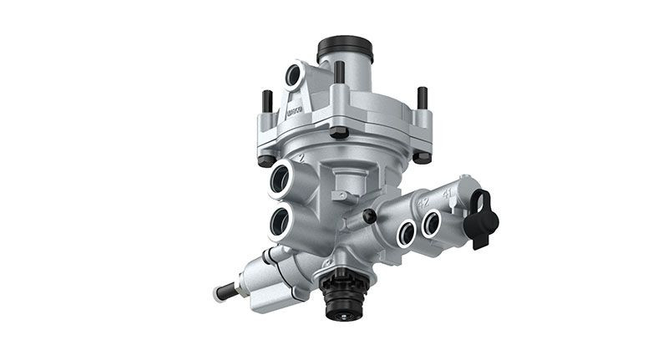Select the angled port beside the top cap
293,76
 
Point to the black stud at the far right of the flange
422,98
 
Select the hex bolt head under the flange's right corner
423,155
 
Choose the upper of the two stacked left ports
278,177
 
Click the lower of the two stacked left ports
280,221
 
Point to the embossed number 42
423,201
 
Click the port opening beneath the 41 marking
432,224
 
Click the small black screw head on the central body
369,216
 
